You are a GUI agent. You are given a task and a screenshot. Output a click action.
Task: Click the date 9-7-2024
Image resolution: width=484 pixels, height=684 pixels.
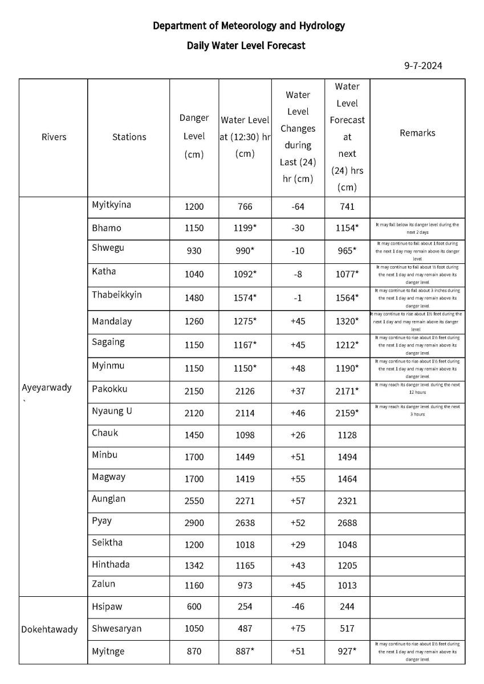[x=423, y=66]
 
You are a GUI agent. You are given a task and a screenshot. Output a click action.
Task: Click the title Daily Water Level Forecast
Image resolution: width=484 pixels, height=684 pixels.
[x=246, y=46]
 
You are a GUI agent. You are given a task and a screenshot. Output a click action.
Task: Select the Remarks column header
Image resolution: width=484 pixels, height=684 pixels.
[x=417, y=133]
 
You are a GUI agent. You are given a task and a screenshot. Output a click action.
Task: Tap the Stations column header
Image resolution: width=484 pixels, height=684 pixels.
[x=129, y=137]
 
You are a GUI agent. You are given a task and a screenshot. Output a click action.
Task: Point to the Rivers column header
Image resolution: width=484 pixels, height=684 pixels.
[x=54, y=137]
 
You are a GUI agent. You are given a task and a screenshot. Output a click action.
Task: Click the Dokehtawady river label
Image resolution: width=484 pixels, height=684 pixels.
[x=49, y=629]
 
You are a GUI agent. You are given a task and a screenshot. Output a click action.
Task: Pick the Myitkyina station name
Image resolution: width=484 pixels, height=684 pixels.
[x=111, y=205]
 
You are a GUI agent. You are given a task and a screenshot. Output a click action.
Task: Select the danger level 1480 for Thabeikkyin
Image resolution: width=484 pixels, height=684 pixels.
[x=194, y=298]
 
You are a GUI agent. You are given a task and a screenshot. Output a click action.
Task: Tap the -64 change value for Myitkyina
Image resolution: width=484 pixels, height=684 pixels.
[x=298, y=207]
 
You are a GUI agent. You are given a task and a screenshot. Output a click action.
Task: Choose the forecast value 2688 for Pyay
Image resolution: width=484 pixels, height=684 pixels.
[x=347, y=523]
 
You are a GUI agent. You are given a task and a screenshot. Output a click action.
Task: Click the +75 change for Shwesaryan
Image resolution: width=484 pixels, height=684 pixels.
[x=298, y=629]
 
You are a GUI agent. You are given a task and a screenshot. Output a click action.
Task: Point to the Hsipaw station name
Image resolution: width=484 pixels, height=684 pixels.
[x=107, y=606]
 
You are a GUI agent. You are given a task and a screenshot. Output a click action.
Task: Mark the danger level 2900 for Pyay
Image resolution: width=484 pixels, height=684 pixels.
[x=194, y=523]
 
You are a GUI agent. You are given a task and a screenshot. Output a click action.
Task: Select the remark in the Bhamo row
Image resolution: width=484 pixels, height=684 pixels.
[x=417, y=229]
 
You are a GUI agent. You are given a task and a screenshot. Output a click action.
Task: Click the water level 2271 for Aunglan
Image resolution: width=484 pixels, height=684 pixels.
[x=245, y=501]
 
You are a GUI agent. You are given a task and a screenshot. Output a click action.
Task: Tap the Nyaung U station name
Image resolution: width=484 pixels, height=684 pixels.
[x=112, y=411]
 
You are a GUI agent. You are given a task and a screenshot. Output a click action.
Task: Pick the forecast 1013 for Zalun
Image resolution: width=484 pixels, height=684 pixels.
[x=347, y=585]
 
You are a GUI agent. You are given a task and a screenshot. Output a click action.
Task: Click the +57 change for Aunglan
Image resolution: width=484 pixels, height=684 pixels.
[x=298, y=501]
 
